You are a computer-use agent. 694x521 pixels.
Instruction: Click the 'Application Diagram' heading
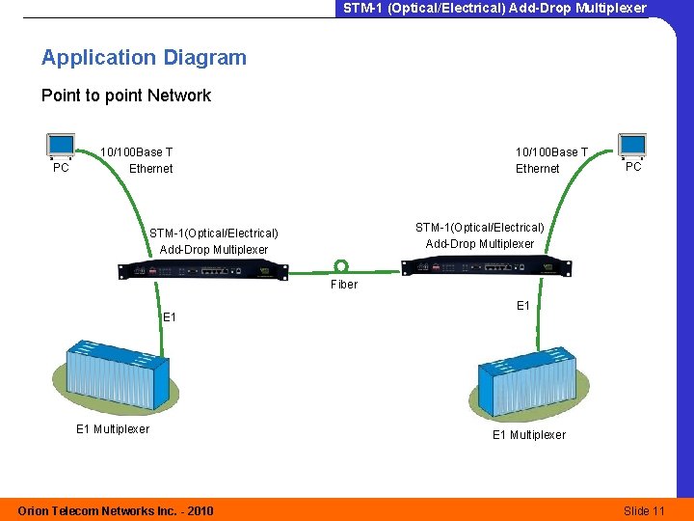point(144,58)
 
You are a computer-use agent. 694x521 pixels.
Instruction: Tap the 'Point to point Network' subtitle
point(125,96)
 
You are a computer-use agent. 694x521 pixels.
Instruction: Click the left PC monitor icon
point(61,146)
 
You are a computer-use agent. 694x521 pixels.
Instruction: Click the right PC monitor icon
point(632,145)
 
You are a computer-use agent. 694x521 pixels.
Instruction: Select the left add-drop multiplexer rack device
point(202,270)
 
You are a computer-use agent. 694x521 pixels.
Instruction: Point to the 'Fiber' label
point(344,285)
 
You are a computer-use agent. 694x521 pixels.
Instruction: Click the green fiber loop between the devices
point(341,266)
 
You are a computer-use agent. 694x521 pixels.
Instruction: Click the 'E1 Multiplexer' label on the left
point(113,429)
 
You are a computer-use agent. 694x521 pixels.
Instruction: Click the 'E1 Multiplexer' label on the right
point(529,435)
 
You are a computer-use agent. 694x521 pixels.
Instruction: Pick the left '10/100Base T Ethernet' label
point(138,160)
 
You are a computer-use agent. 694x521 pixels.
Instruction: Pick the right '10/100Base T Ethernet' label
point(550,160)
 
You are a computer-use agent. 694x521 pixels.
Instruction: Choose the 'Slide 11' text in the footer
point(644,510)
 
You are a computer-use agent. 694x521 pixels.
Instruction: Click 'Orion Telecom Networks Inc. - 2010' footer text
point(116,510)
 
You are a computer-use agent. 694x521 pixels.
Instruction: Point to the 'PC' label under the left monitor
point(61,168)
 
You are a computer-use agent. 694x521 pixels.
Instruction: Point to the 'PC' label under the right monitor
point(633,167)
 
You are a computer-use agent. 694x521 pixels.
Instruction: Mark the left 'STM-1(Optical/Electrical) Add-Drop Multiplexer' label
point(214,241)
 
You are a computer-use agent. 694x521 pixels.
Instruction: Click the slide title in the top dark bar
point(494,8)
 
